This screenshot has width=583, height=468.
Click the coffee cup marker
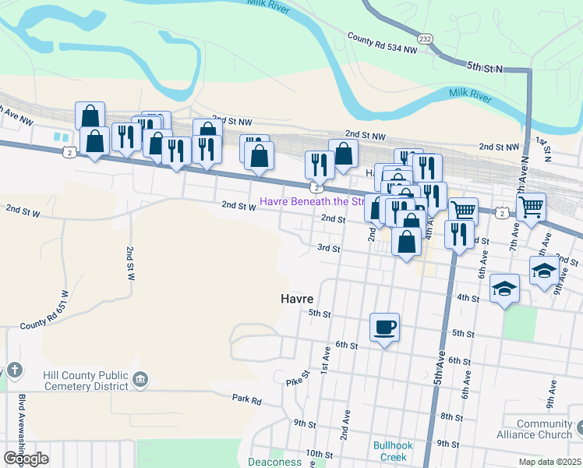coord(384,327)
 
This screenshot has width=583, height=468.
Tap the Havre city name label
coord(297,299)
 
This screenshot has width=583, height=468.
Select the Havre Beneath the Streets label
coord(312,201)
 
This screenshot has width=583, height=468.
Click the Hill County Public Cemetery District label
coord(74,381)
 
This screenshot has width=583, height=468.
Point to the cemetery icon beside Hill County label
coord(140,380)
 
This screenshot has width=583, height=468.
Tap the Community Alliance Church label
coord(544,430)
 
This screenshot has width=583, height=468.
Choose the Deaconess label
coord(274,462)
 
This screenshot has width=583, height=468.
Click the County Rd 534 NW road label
coord(383,43)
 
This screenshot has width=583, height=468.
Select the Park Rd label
coord(246,399)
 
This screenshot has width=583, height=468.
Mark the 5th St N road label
coord(486,68)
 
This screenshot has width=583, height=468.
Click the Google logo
coord(26,459)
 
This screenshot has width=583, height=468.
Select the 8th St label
coord(451,417)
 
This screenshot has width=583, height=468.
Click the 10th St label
coord(319,454)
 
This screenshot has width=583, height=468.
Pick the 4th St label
coord(468,298)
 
